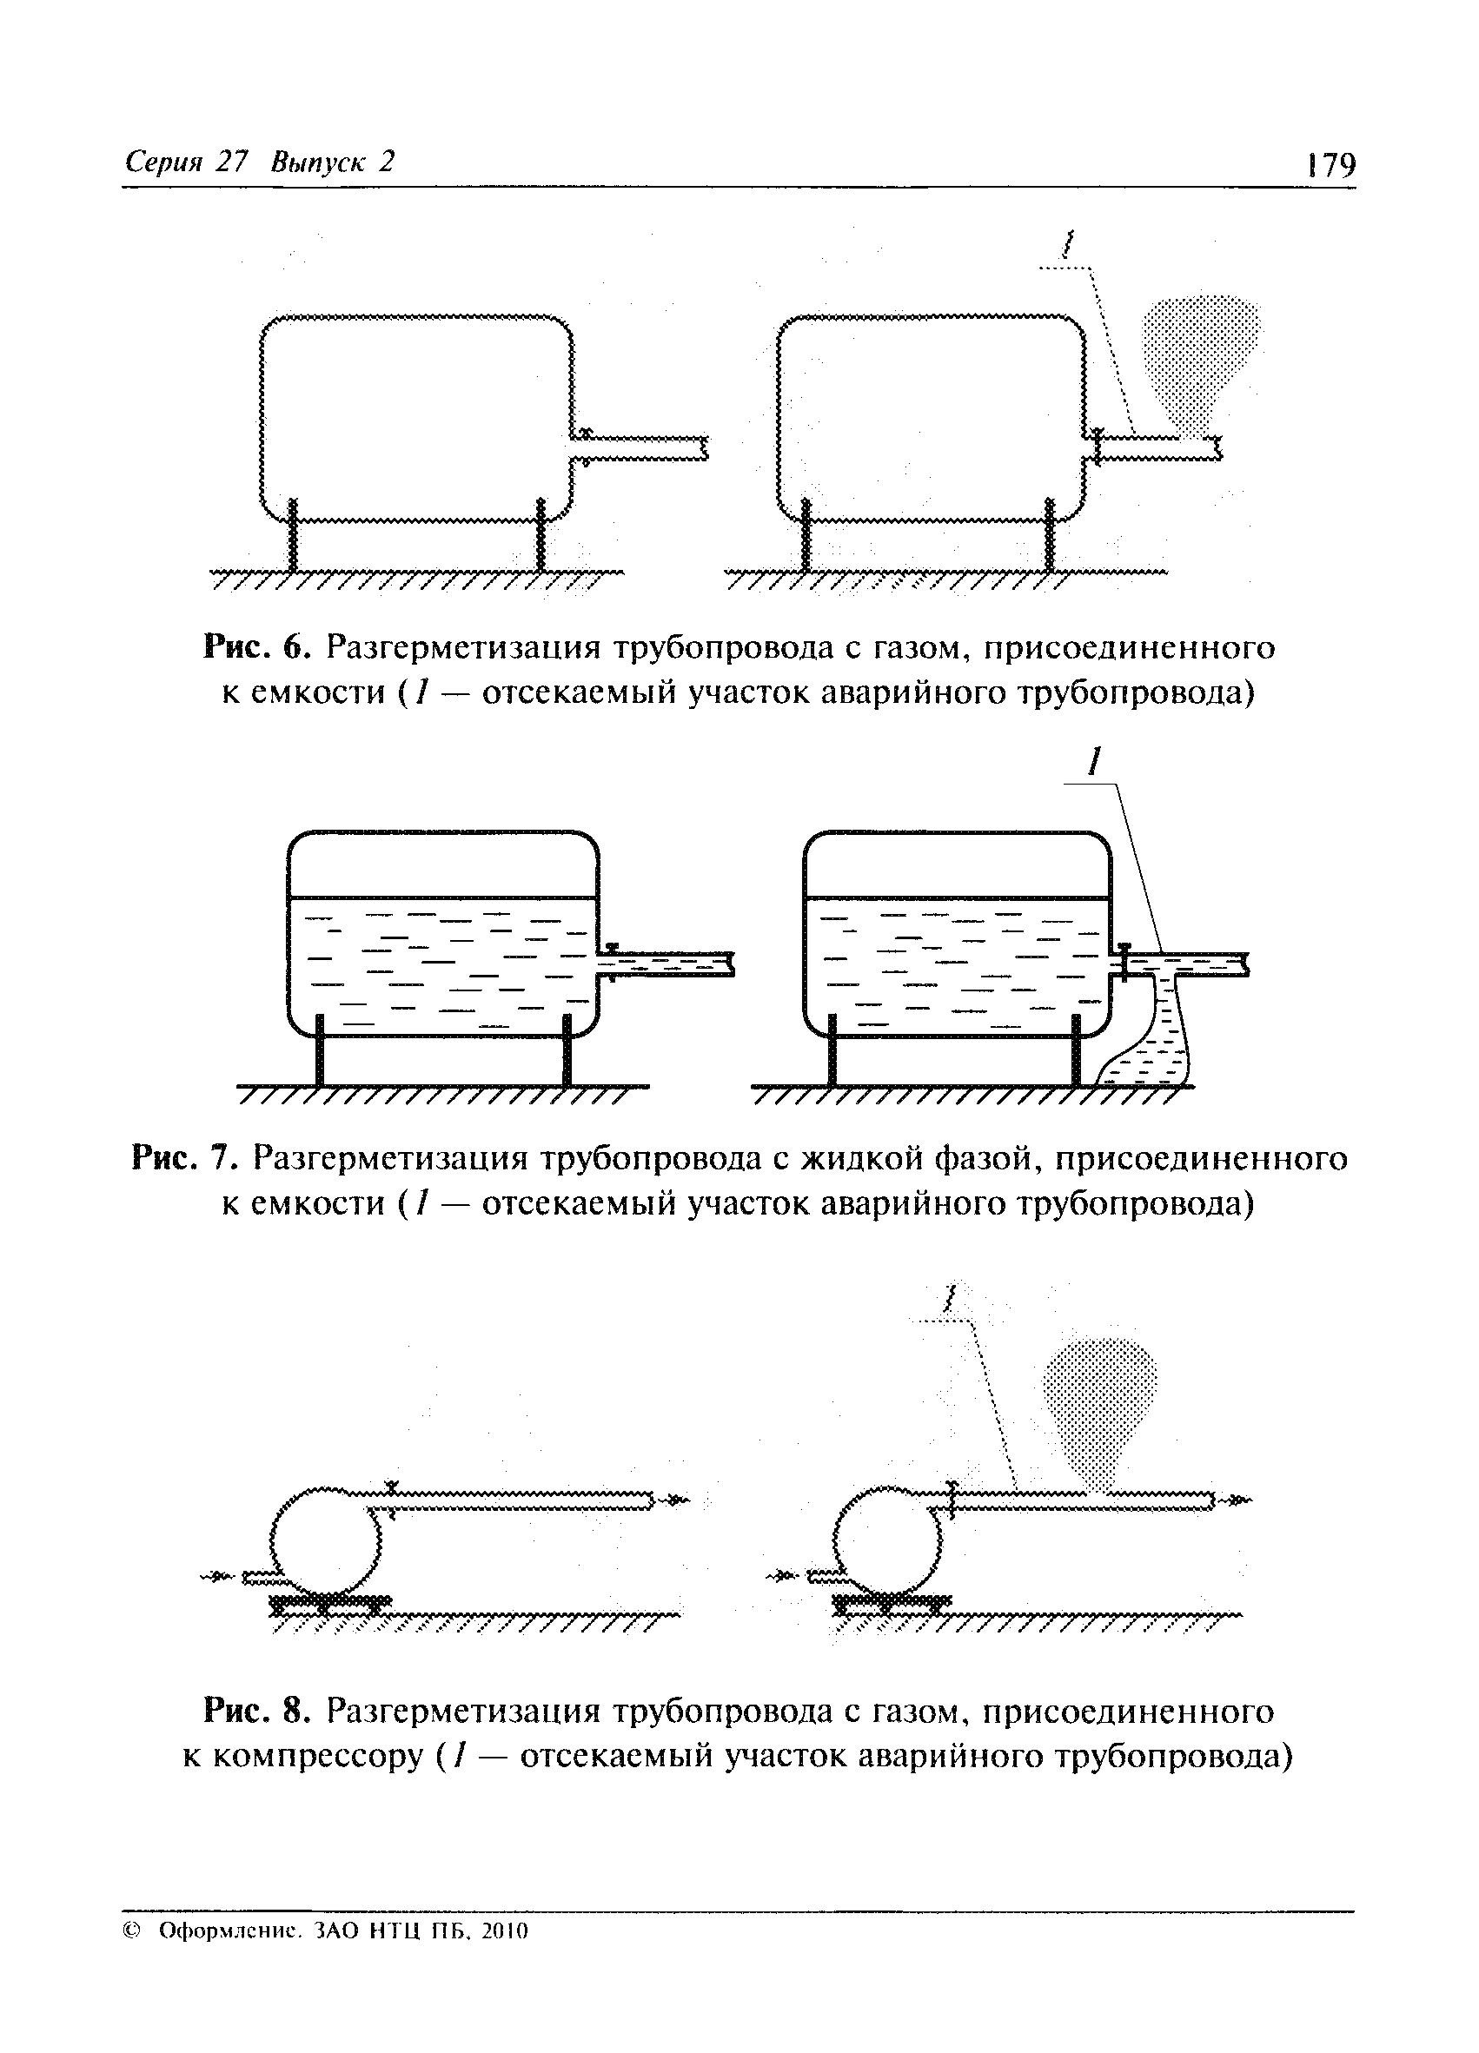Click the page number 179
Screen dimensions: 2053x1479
click(1330, 166)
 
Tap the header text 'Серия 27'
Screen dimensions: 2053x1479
click(186, 161)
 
